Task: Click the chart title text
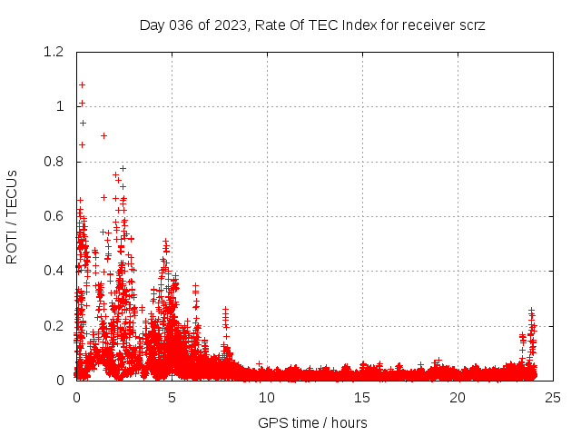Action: (312, 25)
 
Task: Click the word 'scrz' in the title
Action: (471, 25)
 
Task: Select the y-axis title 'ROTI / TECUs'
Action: (12, 216)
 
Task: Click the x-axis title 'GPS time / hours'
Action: (312, 422)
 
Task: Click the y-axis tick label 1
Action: (60, 106)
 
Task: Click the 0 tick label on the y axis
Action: (60, 381)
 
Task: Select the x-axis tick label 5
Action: (172, 397)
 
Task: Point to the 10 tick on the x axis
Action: (267, 397)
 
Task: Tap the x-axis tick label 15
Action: (362, 397)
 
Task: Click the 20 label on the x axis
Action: (458, 397)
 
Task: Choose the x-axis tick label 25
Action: (553, 397)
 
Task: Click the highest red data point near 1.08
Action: (82, 84)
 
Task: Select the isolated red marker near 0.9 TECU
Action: (103, 135)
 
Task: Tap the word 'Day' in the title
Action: (153, 25)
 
